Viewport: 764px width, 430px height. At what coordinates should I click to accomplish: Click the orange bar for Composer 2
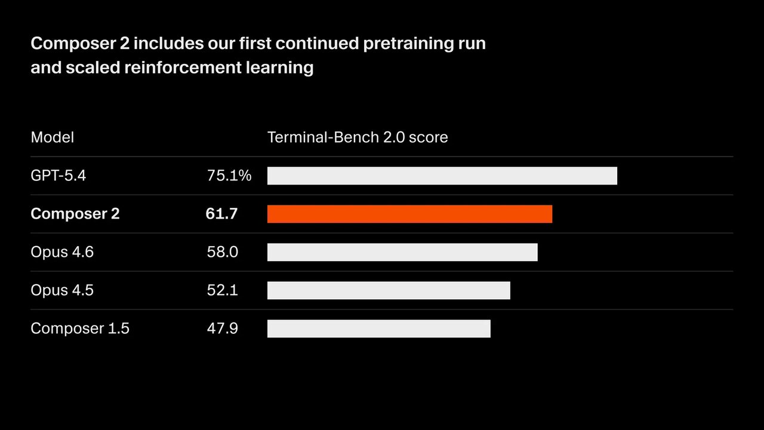coord(409,214)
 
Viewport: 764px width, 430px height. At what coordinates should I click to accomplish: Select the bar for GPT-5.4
coord(442,176)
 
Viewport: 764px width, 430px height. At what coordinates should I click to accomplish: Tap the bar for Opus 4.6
coord(402,252)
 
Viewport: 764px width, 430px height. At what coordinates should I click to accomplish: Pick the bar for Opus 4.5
coord(389,290)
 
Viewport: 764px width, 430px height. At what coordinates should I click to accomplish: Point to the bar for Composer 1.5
coord(378,328)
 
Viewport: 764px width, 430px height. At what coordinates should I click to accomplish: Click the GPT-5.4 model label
coord(58,176)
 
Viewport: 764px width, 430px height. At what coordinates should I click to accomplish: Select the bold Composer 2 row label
coord(75,214)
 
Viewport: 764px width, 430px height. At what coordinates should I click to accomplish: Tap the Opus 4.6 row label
coord(62,252)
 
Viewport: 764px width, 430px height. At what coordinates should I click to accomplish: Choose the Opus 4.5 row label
coord(62,290)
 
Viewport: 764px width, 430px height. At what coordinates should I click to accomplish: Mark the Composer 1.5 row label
coord(80,328)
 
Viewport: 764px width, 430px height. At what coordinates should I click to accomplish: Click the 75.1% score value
coord(229,176)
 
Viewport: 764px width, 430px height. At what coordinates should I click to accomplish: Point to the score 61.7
coord(221,214)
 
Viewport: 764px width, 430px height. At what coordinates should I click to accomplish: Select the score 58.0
coord(222,252)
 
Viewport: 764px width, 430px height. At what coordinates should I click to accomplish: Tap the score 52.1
coord(222,290)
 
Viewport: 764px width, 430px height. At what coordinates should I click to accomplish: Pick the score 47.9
coord(222,328)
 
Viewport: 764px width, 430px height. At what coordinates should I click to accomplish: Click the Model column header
coord(53,137)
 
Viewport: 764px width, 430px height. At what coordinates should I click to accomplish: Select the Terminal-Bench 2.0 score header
coord(358,137)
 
